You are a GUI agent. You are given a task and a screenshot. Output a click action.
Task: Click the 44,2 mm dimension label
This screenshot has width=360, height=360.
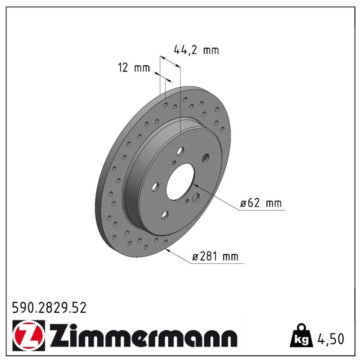coord(196,50)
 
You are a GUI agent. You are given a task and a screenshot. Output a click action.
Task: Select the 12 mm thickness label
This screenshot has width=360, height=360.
coord(134,67)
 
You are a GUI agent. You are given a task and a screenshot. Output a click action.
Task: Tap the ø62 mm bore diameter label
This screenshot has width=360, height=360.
coord(261,203)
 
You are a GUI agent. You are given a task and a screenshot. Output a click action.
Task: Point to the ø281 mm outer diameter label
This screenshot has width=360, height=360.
coord(215,256)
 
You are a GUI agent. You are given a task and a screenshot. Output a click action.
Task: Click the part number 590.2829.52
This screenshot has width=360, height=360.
coord(49,308)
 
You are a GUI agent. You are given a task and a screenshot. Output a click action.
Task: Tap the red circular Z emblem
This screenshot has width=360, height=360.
coord(29,335)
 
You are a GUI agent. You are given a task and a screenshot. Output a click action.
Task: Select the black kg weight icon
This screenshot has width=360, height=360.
coord(301,336)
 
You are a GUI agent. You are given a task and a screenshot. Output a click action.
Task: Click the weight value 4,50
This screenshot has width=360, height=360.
coord(331,339)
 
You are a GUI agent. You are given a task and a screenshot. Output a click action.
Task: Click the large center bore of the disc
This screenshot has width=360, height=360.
coord(180,182)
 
